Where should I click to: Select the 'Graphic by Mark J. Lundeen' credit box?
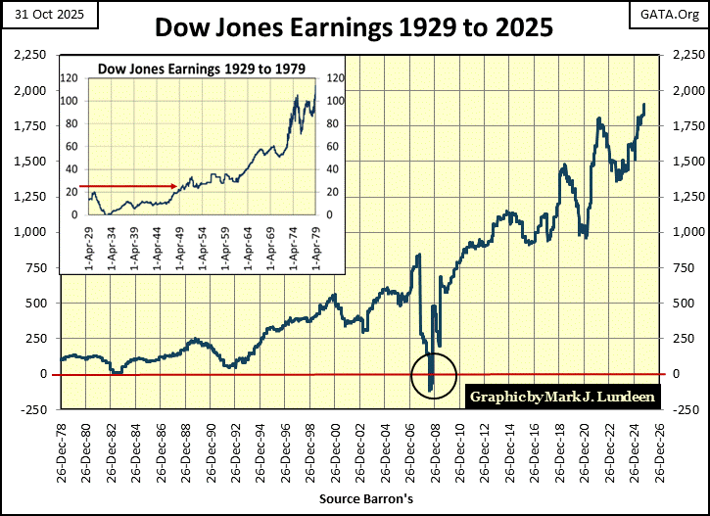[564, 398]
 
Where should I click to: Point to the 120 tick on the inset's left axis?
[71, 78]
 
